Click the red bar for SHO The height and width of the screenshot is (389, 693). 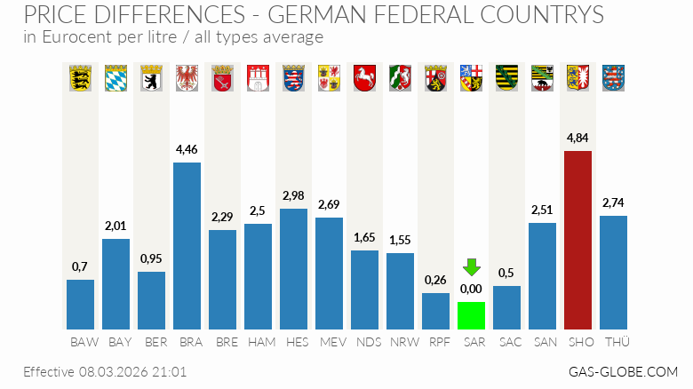tap(577, 240)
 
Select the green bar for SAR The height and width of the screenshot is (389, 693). tap(471, 315)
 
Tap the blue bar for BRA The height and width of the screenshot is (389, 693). tap(187, 245)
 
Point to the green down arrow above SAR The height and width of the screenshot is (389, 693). tap(471, 266)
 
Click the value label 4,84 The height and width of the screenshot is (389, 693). tap(577, 139)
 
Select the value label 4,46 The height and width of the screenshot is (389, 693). tap(187, 149)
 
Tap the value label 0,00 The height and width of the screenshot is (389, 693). tap(471, 289)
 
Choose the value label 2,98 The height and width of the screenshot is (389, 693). tap(293, 195)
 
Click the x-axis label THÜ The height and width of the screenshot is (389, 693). tap(613, 342)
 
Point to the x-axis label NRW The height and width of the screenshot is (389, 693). tap(400, 342)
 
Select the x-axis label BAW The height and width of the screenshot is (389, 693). tap(80, 342)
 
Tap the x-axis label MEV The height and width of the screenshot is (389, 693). tap(329, 342)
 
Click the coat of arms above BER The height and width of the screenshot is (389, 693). tap(151, 77)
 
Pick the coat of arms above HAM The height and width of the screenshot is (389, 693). tap(258, 77)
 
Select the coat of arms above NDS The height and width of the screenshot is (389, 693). tap(364, 77)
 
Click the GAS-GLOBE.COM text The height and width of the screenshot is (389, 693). tap(623, 371)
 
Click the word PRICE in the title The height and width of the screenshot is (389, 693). tap(55, 15)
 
